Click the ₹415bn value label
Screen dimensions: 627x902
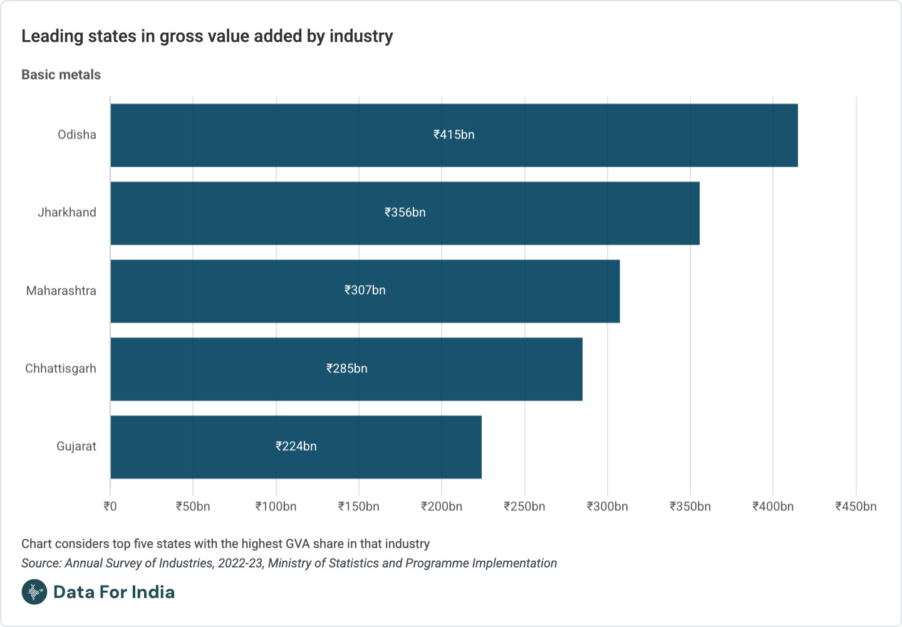[454, 135]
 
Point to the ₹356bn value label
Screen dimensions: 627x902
[405, 213]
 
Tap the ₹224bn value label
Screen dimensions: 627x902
[296, 446]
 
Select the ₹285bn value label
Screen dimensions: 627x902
[346, 369]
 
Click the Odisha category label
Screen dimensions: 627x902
[77, 135]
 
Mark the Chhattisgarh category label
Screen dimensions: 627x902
[61, 369]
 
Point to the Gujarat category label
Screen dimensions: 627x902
[76, 446]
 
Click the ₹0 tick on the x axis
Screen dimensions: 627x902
[110, 507]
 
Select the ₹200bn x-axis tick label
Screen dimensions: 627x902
[442, 507]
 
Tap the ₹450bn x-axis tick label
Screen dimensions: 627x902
[856, 507]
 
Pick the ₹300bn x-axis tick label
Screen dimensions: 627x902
[607, 507]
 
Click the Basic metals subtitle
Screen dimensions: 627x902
[61, 75]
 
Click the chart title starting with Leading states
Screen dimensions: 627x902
[207, 36]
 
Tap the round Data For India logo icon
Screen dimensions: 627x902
[34, 592]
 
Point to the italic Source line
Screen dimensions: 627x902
[289, 563]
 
